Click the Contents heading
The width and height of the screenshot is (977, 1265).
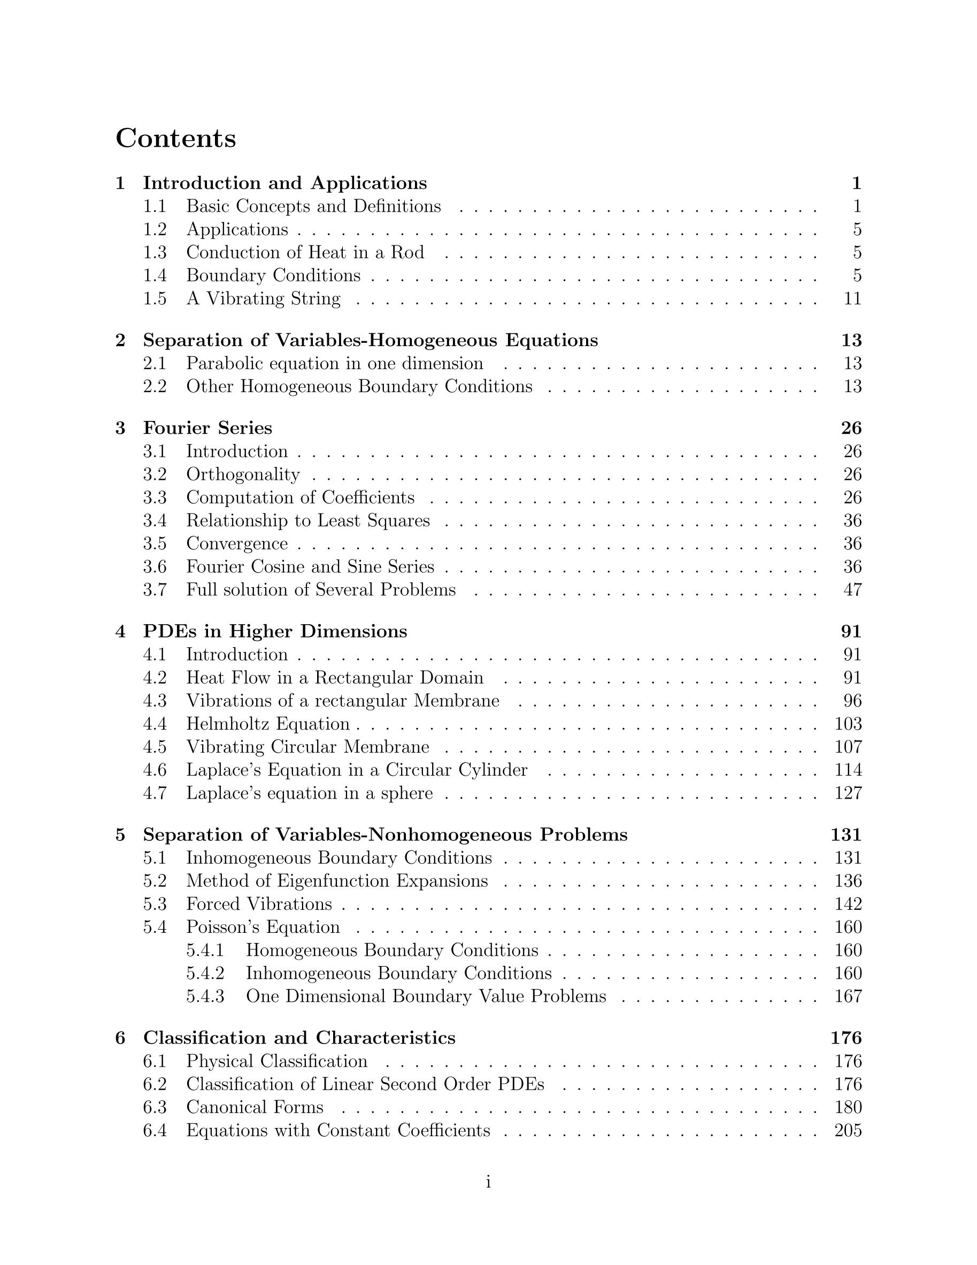coord(175,139)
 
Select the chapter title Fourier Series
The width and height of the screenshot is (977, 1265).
coord(207,428)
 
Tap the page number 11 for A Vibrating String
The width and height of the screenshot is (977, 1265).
coord(852,299)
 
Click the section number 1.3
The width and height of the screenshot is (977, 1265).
coord(155,252)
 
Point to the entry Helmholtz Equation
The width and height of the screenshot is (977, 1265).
coord(267,724)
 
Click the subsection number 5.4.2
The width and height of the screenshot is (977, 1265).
coord(205,973)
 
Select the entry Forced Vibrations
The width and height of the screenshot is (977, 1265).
coord(259,904)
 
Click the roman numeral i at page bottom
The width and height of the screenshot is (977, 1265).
coord(488,1182)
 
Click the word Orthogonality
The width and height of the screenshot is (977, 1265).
coord(243,474)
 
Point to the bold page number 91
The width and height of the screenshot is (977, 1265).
coord(851,631)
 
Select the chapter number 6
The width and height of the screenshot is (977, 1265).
coord(120,1038)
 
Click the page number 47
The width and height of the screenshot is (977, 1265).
coord(852,590)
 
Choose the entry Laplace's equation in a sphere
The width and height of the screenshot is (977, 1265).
coord(309,794)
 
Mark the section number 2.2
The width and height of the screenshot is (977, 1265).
coord(155,386)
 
